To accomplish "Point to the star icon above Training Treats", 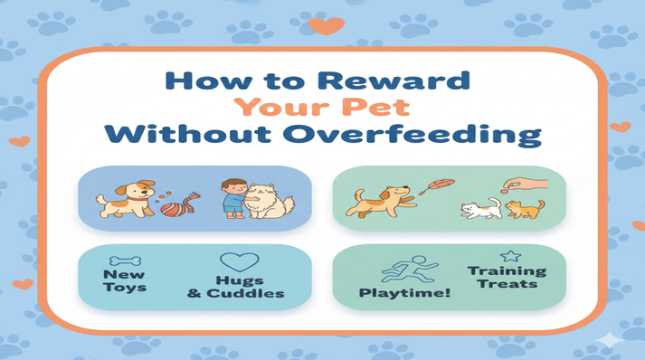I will click(508, 256).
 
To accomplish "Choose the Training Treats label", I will click(507, 277).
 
